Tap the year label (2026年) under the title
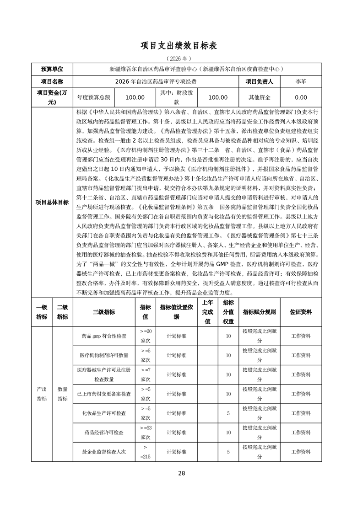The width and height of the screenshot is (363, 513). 181,59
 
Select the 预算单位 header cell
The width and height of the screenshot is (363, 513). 52,69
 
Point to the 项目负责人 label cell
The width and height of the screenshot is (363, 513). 259,82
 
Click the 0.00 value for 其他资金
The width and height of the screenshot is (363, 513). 301,97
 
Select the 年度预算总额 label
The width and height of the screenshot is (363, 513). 93,97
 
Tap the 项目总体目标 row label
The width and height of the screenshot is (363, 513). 52,203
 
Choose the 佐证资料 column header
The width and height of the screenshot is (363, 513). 301,312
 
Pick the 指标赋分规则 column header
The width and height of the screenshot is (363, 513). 259,312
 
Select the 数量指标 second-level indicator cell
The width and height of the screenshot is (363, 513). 62,394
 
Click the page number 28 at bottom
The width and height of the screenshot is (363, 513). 181,473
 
